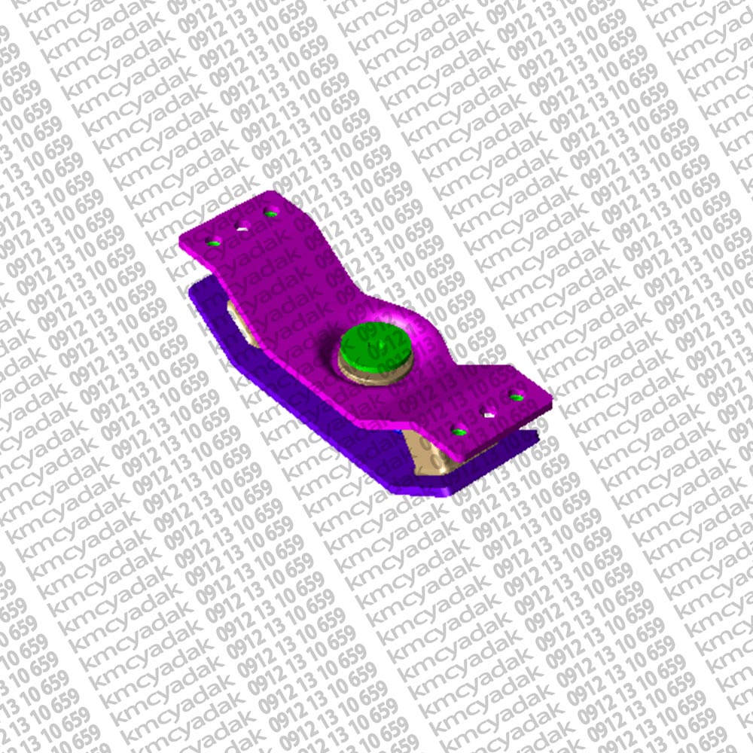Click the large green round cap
click(375, 347)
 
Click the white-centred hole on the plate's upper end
click(243, 226)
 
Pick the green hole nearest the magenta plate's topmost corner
click(271, 212)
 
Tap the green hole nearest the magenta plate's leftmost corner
click(214, 242)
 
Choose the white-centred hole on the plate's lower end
click(489, 413)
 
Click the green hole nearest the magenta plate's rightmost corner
click(517, 397)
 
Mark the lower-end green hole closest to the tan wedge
click(459, 430)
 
